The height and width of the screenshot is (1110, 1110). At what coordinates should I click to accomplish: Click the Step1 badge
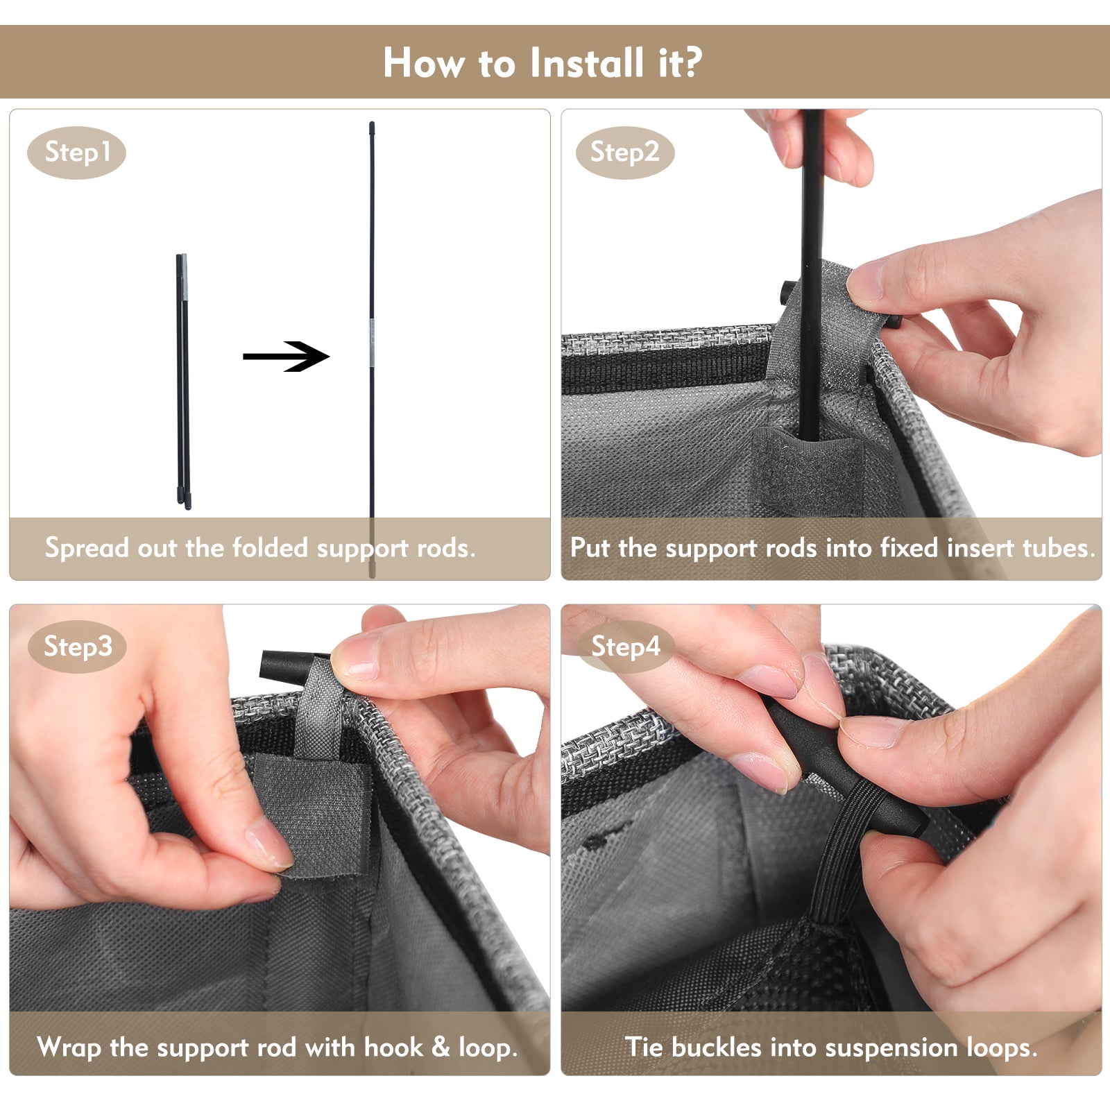click(x=76, y=153)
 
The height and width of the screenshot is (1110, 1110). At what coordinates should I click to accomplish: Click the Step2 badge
click(x=625, y=153)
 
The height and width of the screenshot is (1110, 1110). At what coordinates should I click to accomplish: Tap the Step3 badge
click(x=77, y=647)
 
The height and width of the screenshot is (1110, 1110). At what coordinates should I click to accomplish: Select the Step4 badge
click(x=625, y=647)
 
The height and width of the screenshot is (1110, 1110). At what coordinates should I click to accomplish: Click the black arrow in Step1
click(x=286, y=357)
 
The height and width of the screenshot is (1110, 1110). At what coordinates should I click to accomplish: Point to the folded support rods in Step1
click(x=183, y=382)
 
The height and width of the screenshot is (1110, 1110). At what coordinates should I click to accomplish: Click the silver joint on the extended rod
click(x=372, y=343)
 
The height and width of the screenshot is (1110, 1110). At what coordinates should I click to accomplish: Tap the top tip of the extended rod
click(x=372, y=123)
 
